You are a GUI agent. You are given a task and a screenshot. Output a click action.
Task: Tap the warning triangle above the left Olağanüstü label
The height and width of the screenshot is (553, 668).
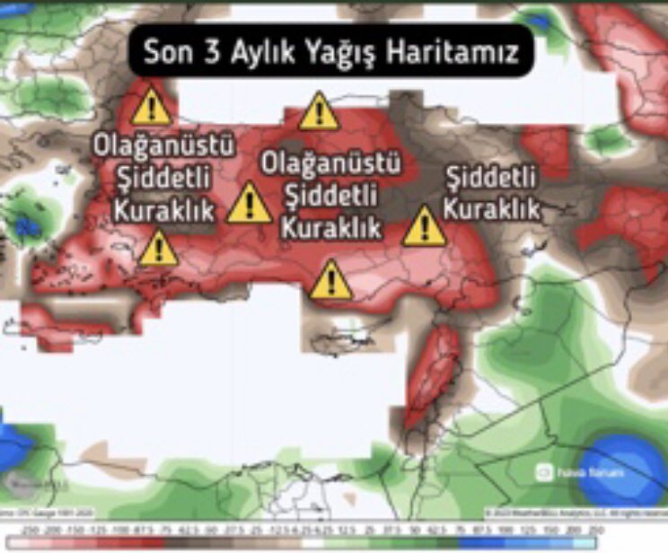151,108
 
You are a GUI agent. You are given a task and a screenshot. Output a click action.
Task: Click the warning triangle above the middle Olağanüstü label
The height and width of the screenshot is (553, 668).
319,112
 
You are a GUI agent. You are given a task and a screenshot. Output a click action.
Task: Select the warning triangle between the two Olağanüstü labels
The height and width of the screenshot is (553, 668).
249,204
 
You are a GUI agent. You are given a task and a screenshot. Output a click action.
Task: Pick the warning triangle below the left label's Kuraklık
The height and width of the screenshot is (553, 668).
158,248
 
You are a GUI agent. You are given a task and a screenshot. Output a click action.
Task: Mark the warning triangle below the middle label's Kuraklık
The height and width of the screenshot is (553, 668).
331,280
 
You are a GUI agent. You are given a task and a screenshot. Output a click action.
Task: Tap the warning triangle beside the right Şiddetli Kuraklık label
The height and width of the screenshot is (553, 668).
424,226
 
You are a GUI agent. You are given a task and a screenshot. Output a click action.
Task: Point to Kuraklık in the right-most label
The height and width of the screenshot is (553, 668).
492,209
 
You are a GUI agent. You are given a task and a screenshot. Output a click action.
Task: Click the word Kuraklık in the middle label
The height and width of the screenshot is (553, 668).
330,225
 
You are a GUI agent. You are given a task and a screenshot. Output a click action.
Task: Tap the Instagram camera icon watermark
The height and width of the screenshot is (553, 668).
542,470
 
